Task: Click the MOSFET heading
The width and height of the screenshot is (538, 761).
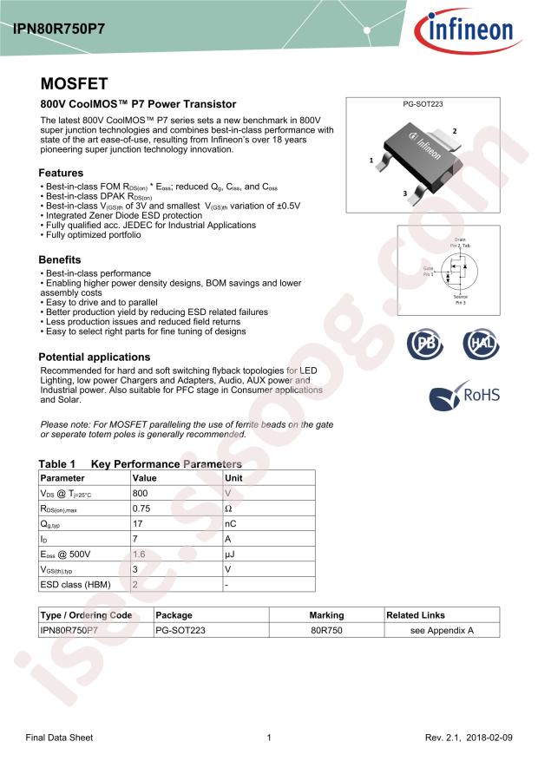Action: coord(75,84)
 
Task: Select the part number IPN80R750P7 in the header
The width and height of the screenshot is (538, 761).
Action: coord(58,28)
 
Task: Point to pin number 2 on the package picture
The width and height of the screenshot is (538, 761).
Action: coord(454,130)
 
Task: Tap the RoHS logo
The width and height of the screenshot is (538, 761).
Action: coord(465,396)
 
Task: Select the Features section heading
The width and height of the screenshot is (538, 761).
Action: coord(62,173)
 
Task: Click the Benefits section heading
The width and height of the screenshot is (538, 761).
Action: coord(60,259)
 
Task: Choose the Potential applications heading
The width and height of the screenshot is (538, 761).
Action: coord(95,357)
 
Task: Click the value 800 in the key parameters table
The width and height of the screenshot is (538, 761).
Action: coord(140,492)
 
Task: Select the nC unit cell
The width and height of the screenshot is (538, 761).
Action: coord(232,523)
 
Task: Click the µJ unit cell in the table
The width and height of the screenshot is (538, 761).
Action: coord(231,554)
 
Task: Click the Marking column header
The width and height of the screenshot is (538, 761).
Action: coord(326,615)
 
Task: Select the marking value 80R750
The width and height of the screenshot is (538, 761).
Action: coord(326,631)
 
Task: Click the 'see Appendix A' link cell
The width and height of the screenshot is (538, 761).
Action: coord(442,631)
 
